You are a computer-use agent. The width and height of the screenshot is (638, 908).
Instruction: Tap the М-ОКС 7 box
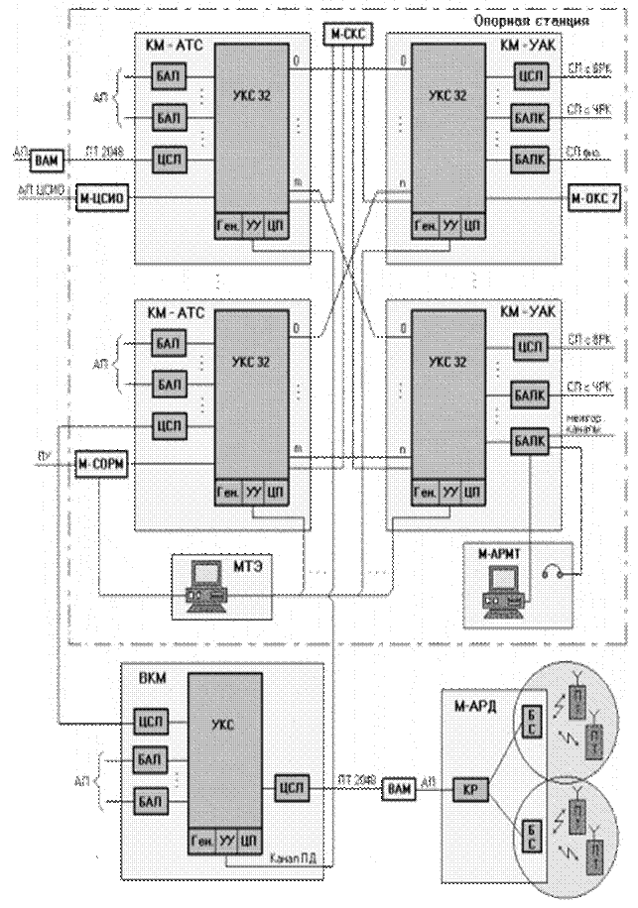pyautogui.click(x=594, y=199)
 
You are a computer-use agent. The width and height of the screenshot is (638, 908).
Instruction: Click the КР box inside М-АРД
pyautogui.click(x=466, y=790)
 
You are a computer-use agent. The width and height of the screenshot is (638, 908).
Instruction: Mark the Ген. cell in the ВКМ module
pyautogui.click(x=200, y=844)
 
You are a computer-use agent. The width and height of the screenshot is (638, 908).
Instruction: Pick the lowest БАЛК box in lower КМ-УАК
pyautogui.click(x=529, y=441)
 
